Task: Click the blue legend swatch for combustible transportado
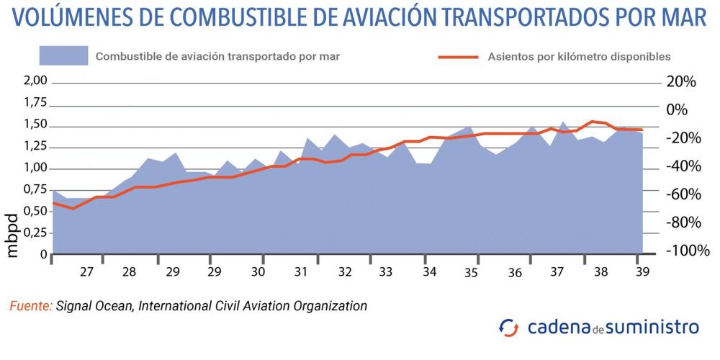click(x=63, y=55)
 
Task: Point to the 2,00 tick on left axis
click(x=35, y=81)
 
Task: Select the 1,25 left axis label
click(x=35, y=147)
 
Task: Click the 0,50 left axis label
click(x=35, y=212)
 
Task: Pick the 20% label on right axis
click(x=681, y=82)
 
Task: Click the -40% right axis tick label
click(x=681, y=166)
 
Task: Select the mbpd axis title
click(x=12, y=235)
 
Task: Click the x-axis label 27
click(x=87, y=272)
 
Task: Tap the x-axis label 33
click(x=385, y=272)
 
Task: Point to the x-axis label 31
click(x=300, y=272)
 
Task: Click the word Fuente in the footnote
click(x=30, y=306)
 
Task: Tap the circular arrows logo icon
click(x=508, y=328)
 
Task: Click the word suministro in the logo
click(x=652, y=327)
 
